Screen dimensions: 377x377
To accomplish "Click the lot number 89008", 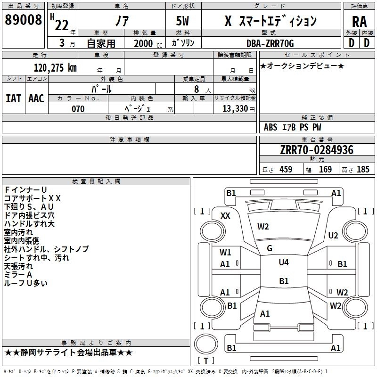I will pyautogui.click(x=24, y=21).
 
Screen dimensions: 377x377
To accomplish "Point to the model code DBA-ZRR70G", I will pyautogui.click(x=270, y=44).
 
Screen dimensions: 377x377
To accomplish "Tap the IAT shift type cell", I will pyautogui.click(x=13, y=98).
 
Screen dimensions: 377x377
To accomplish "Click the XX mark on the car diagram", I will pyautogui.click(x=225, y=215).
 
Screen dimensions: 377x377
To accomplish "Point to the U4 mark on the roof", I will pyautogui.click(x=284, y=262).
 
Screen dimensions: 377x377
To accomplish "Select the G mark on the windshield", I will pyautogui.click(x=270, y=248).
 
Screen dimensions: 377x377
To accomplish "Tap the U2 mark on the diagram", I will pyautogui.click(x=333, y=235).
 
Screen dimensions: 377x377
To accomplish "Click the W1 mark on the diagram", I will pyautogui.click(x=225, y=252).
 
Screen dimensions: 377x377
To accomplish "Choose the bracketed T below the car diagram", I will pyautogui.click(x=205, y=361).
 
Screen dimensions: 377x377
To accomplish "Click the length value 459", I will pyautogui.click(x=286, y=170).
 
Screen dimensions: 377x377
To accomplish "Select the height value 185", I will pyautogui.click(x=363, y=170).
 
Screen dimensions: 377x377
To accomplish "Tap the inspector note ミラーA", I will pyautogui.click(x=18, y=275).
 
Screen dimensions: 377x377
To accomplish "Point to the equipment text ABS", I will pyautogui.click(x=270, y=127).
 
